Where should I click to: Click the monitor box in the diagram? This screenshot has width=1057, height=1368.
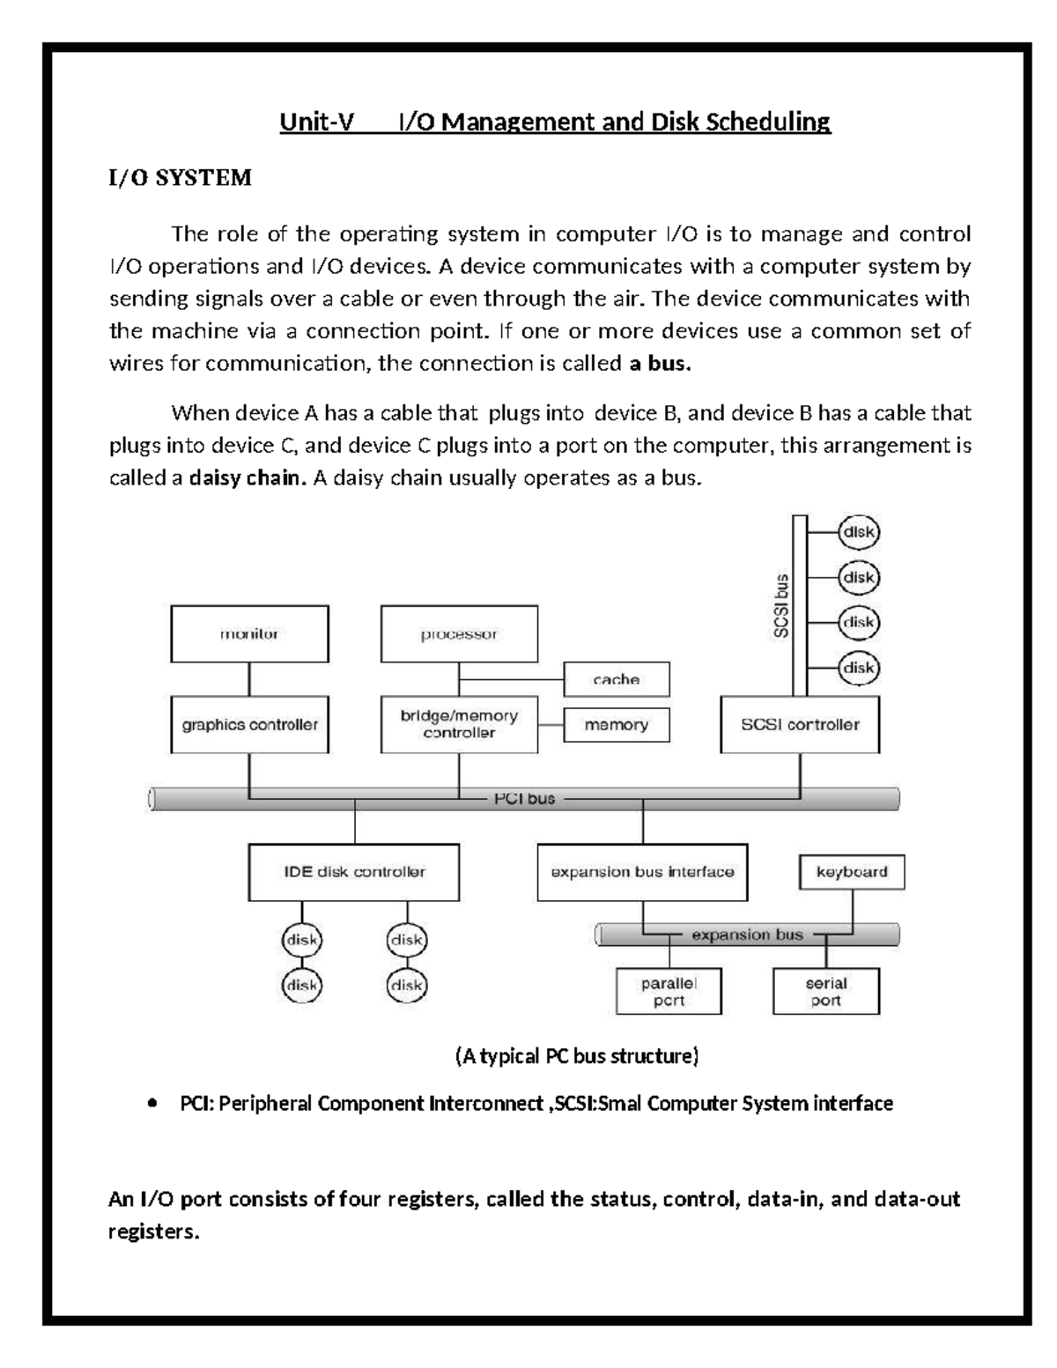click(249, 633)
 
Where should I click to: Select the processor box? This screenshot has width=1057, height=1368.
click(459, 633)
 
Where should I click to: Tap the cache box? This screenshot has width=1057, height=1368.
click(617, 679)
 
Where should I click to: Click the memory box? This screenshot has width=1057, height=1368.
click(617, 725)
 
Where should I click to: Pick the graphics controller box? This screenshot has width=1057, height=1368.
click(249, 725)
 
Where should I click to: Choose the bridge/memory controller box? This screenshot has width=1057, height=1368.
click(459, 724)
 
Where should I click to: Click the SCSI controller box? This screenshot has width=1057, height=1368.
click(800, 725)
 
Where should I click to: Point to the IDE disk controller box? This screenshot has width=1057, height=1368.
click(354, 872)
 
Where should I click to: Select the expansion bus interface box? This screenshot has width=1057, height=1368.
click(642, 872)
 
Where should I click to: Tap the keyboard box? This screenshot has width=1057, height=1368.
click(852, 872)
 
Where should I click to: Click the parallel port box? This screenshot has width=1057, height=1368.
click(669, 992)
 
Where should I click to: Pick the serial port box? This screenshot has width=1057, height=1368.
click(826, 992)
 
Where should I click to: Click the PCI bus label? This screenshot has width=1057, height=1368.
click(524, 799)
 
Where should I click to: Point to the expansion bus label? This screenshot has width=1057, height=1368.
click(747, 935)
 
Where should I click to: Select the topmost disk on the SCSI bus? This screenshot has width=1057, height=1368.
click(858, 532)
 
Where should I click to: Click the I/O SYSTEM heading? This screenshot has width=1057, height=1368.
click(180, 178)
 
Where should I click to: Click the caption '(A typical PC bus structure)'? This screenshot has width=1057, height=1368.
click(576, 1055)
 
